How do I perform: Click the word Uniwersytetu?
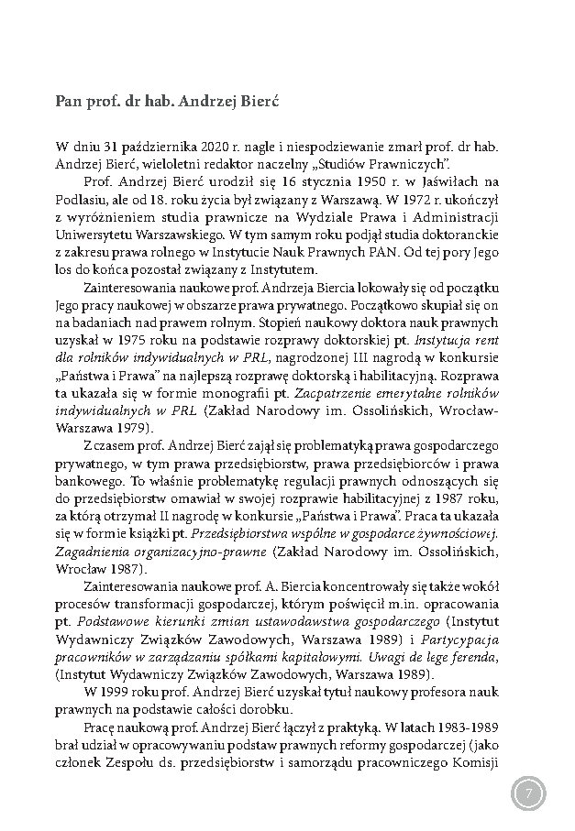tap(97, 235)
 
